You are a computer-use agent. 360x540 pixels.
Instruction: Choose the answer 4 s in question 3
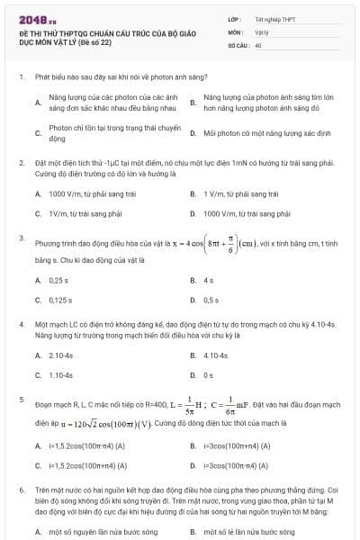tap(208, 280)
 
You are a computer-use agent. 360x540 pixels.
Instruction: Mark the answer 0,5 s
tap(211, 300)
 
